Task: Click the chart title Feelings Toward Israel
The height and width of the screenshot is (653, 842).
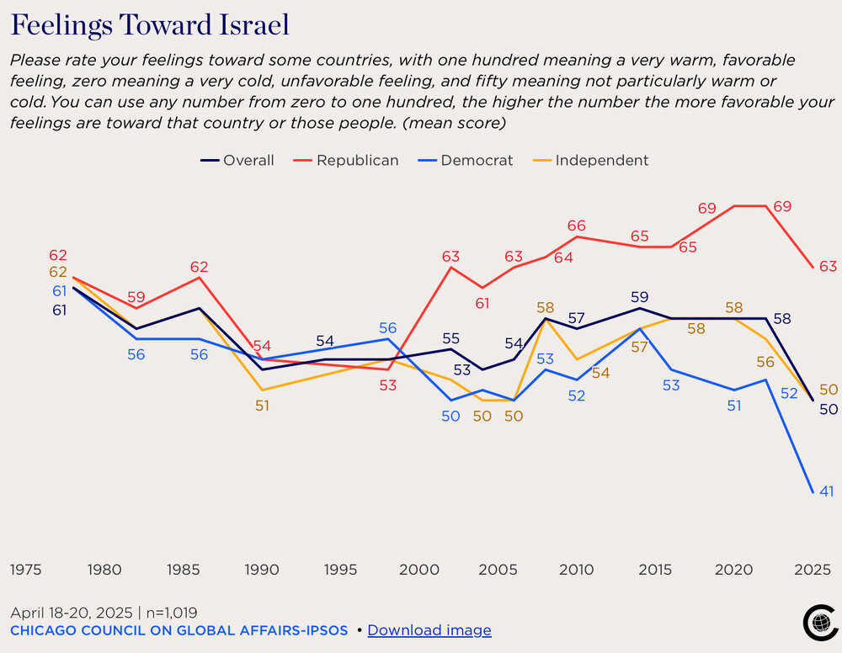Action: [150, 25]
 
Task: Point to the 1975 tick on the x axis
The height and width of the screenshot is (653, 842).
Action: [26, 570]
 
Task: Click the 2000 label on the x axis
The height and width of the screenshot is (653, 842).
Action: [418, 570]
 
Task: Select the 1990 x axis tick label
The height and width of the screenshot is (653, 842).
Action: [261, 570]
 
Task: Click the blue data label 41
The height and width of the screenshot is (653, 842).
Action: [826, 491]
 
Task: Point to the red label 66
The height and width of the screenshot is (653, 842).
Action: [576, 226]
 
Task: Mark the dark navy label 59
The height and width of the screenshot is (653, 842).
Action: [639, 296]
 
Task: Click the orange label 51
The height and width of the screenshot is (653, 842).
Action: [262, 405]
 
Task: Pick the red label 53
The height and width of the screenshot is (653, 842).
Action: [387, 385]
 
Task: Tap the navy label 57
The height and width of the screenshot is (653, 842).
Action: [576, 318]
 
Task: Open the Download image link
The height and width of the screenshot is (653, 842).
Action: [429, 629]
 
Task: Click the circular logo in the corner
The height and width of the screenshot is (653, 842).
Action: [816, 623]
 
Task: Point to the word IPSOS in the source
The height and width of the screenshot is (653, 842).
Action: [322, 629]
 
